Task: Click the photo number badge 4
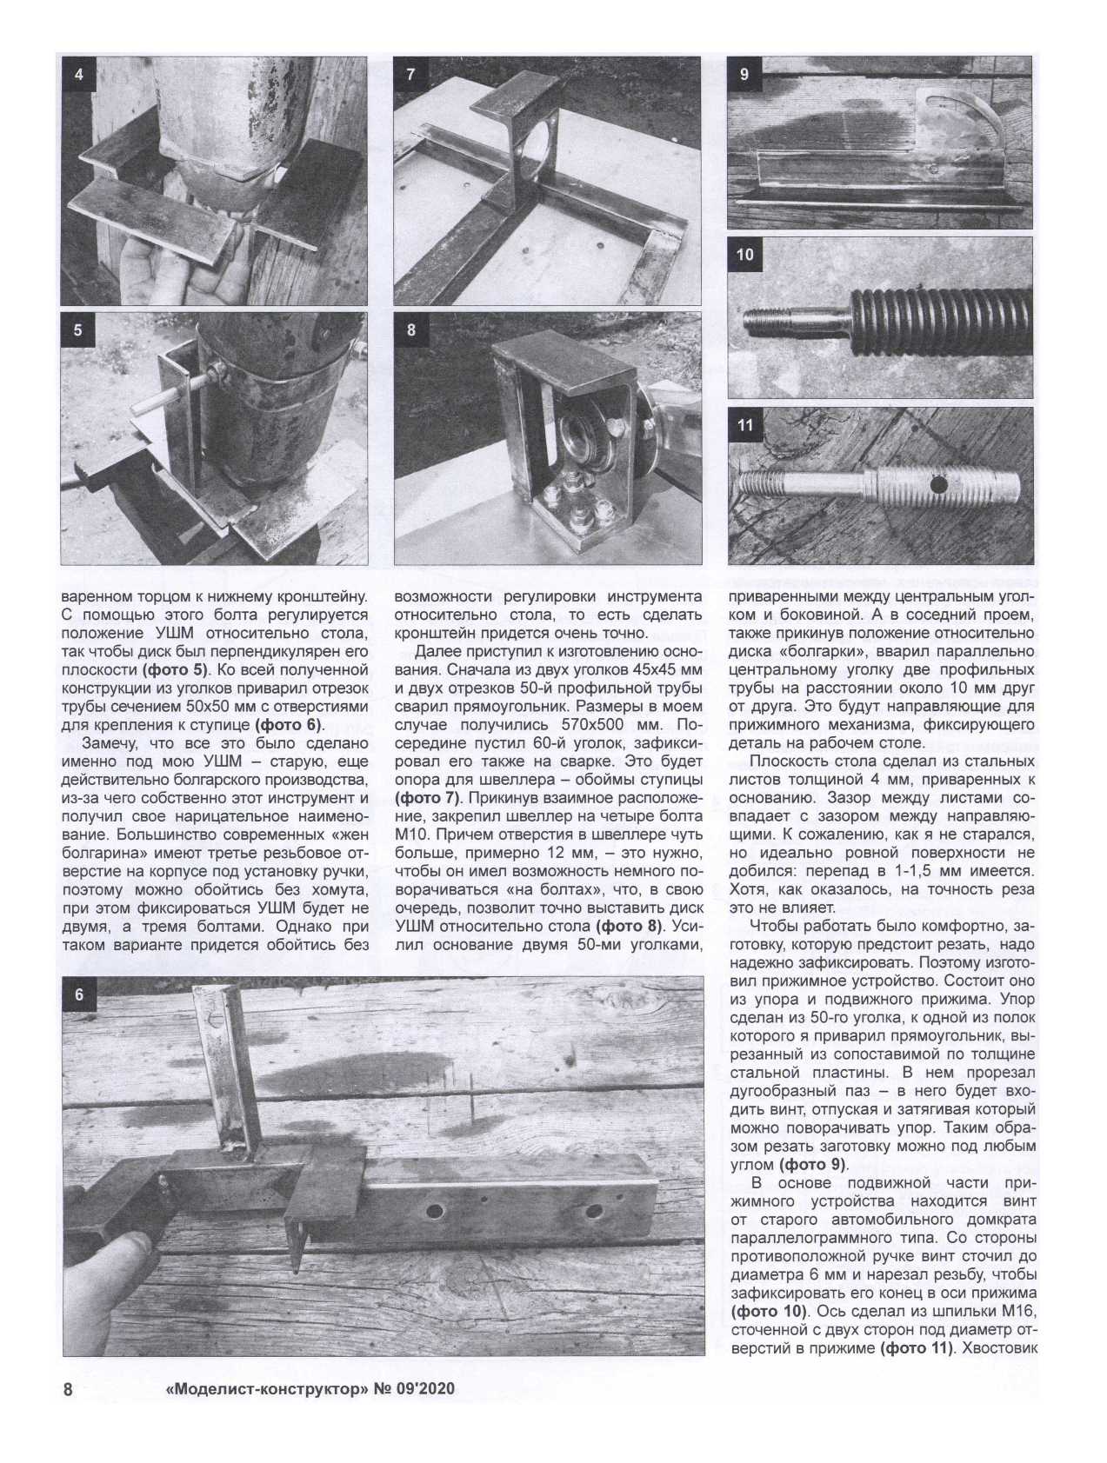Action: coord(79,75)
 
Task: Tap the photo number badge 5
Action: coord(79,330)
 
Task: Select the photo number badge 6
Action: coord(80,994)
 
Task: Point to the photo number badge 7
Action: coord(411,75)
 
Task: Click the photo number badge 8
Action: coord(411,330)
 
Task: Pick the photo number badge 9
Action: coord(744,75)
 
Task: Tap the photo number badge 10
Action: coord(745,256)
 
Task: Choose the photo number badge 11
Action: coord(745,426)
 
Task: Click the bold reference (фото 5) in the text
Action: coord(176,670)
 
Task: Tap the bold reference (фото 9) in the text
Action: coord(813,1165)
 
